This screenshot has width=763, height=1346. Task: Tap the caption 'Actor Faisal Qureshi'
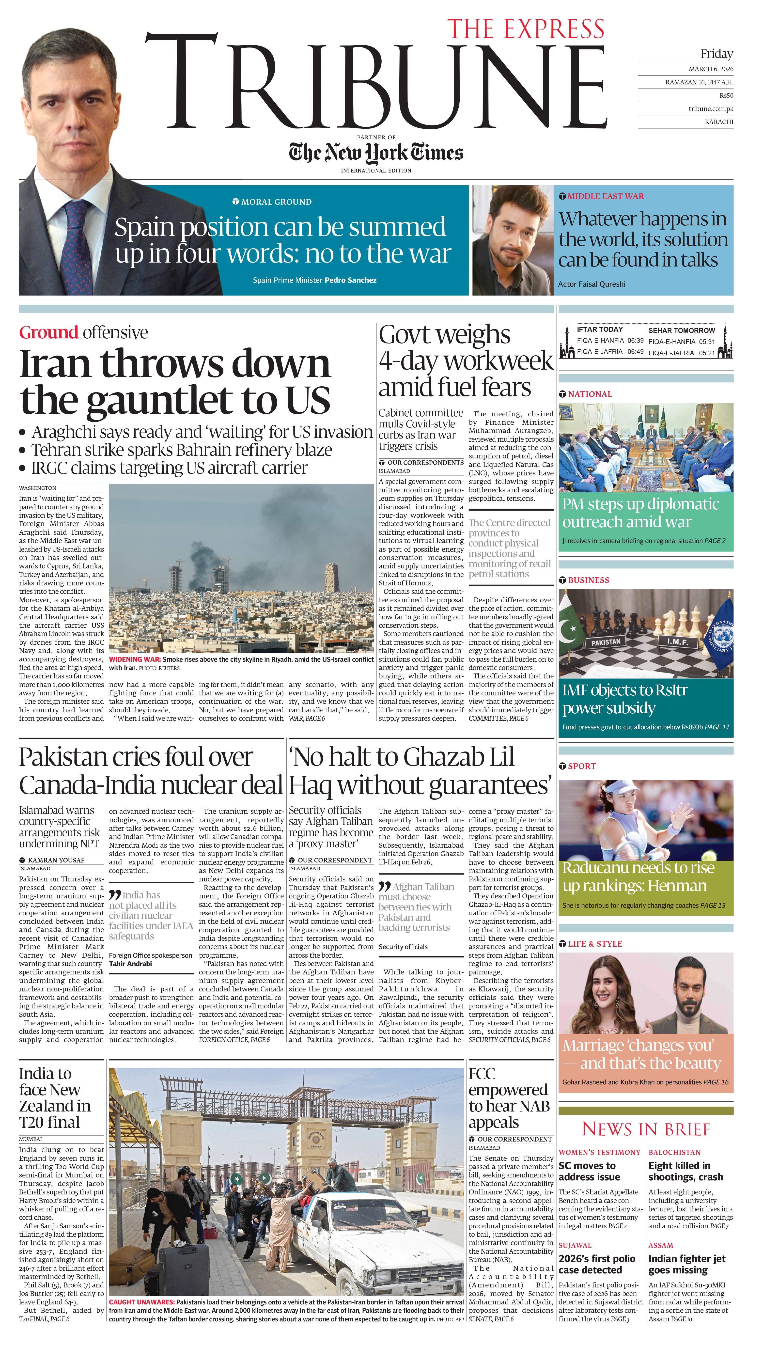tap(592, 284)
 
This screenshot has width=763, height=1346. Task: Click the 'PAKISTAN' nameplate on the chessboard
tap(606, 642)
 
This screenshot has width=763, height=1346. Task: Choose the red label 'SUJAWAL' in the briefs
tap(575, 1245)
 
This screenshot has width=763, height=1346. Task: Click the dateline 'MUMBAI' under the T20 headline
tap(31, 1140)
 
